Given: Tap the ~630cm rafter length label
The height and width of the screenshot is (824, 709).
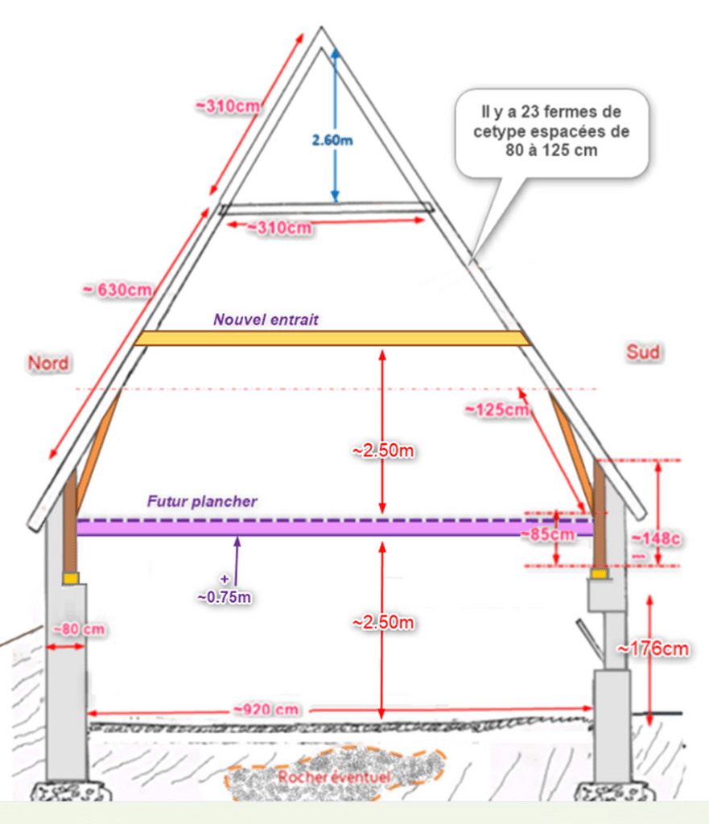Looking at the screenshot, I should point(117,289).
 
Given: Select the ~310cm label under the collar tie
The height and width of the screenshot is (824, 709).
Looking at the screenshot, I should point(278,229).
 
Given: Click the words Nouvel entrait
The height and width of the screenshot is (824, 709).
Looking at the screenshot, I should point(266,319).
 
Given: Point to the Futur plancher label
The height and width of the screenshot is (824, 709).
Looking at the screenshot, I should point(202,501).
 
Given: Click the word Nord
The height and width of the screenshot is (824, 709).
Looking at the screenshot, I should point(48,363).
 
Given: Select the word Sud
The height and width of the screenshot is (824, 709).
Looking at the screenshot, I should point(644,352).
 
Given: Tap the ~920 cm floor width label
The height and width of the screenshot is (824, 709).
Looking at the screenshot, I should point(267,710).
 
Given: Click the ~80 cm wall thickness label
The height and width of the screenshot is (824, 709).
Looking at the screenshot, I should point(79,628).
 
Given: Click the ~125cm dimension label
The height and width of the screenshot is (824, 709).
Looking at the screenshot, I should point(497,410).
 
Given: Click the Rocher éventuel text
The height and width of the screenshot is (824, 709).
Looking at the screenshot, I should point(334,777).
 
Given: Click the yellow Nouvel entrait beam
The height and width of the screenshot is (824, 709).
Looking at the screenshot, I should point(332,338).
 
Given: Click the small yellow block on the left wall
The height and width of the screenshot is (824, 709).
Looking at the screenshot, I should point(71,578).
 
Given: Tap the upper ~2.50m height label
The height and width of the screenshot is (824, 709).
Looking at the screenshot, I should point(383,451).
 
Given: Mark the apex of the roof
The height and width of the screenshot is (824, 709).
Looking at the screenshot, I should point(321,30).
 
